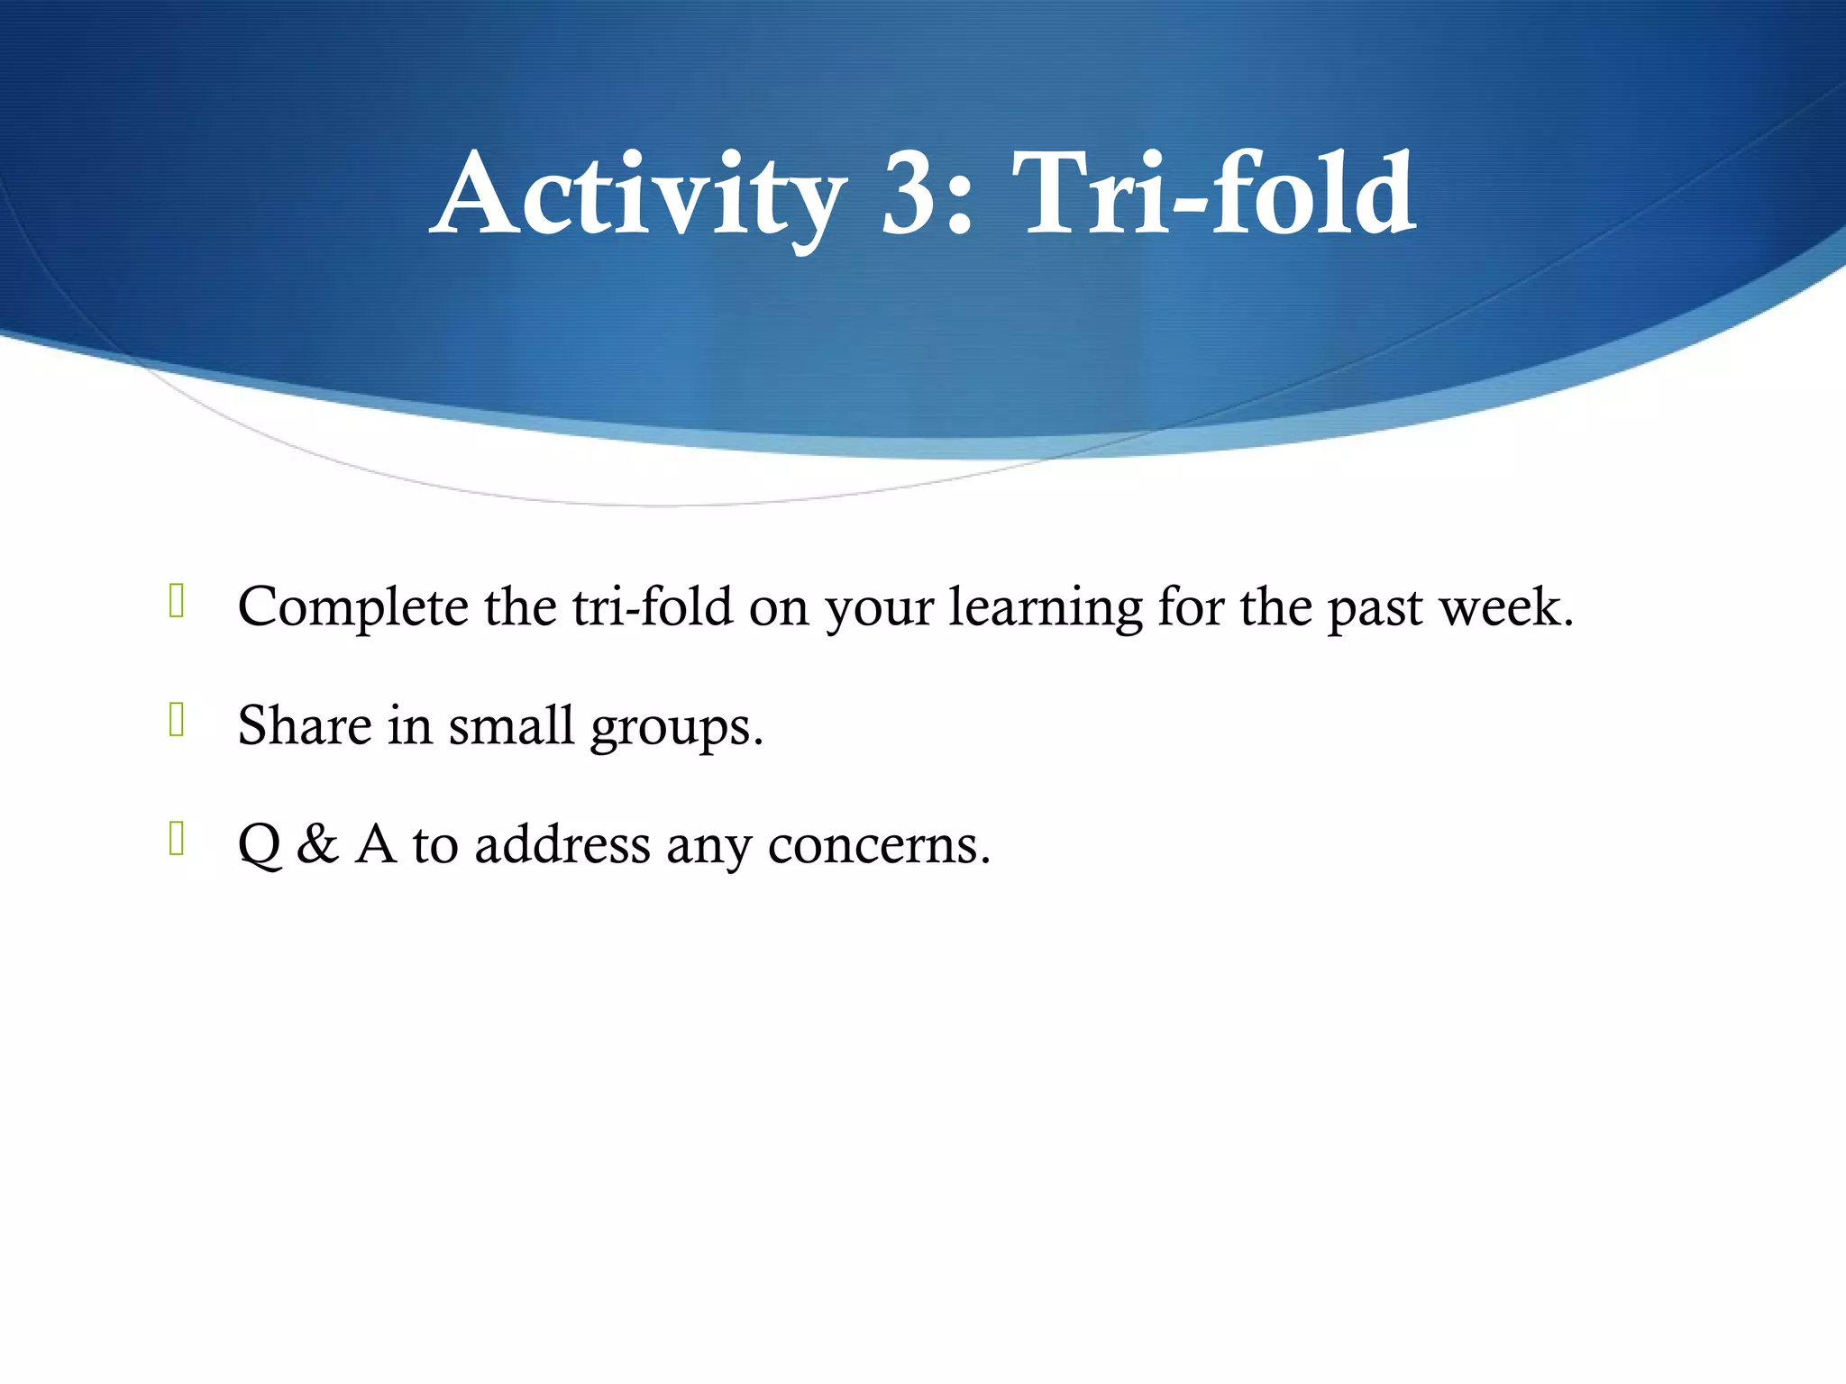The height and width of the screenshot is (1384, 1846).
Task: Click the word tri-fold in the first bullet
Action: pyautogui.click(x=653, y=606)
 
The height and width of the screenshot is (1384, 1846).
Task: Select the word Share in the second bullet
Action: pyautogui.click(x=304, y=725)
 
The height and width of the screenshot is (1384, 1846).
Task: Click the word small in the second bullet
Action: pyautogui.click(x=511, y=725)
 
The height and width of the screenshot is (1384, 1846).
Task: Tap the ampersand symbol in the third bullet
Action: pyautogui.click(x=317, y=845)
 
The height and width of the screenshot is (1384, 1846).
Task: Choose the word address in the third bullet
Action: pyautogui.click(x=562, y=845)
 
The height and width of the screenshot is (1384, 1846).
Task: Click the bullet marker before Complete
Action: pyautogui.click(x=177, y=602)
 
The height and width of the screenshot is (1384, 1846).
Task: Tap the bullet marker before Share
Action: pyautogui.click(x=177, y=720)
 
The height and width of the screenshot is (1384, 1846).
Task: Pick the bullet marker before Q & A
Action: pyautogui.click(x=177, y=839)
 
